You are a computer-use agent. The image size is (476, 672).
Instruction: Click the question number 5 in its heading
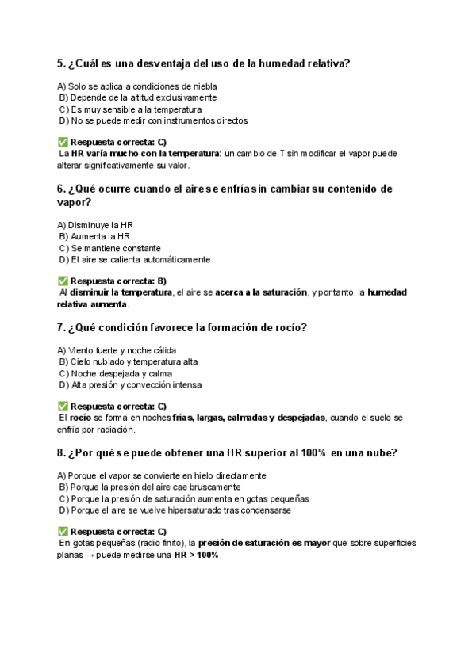[61, 63]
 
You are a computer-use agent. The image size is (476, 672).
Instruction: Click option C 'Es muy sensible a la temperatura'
[131, 109]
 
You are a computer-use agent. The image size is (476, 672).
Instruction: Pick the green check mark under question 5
[63, 142]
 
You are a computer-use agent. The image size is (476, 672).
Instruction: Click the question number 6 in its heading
[61, 189]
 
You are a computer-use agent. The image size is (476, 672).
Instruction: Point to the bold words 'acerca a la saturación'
[261, 292]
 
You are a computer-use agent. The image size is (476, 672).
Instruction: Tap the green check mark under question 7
[63, 406]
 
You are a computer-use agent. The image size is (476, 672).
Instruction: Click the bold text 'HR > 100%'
[197, 555]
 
